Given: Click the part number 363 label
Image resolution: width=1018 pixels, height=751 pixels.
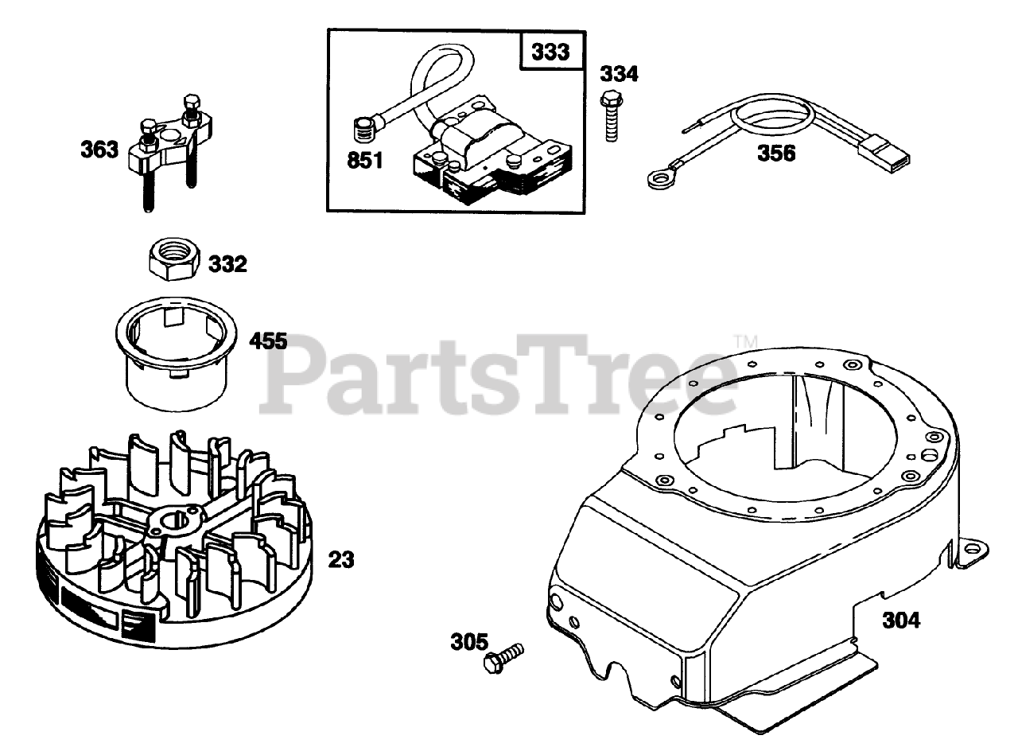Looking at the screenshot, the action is point(99,150).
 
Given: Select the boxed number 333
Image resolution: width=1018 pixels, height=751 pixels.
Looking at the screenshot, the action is point(551,53).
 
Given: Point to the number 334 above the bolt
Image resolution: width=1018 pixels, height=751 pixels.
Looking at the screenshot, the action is point(619,75).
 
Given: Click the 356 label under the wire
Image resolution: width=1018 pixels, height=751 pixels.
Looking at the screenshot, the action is point(775,154).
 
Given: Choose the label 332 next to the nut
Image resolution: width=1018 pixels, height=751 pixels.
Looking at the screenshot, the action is point(227,264).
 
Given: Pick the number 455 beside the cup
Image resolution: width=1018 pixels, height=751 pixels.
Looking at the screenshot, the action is point(268,342).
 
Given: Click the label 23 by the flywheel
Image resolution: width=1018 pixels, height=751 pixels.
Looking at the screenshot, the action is point(341,560).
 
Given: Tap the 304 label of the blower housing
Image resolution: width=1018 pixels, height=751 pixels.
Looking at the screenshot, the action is point(901,620).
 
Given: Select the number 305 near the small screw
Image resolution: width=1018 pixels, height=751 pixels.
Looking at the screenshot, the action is point(470,641).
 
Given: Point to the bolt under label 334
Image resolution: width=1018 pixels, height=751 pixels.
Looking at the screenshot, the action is point(611,117).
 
